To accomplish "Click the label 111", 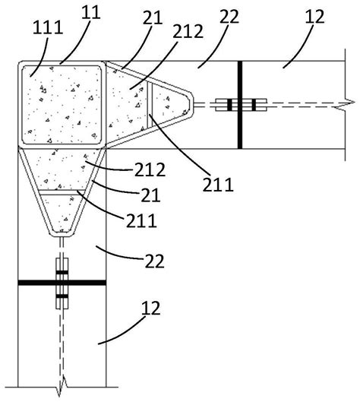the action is coord(48,27).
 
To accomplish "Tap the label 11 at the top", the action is coord(91,12).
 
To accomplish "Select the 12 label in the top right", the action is coord(315,17).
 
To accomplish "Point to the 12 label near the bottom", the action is coord(151,308).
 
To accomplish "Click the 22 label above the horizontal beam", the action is coord(229,17).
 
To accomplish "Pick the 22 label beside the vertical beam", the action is coord(154,261).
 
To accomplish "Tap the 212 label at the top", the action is coord(188,31).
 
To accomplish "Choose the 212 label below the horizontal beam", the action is coord(150,169).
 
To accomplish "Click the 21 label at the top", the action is coord(153,18).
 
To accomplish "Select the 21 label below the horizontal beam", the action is coord(150,195).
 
